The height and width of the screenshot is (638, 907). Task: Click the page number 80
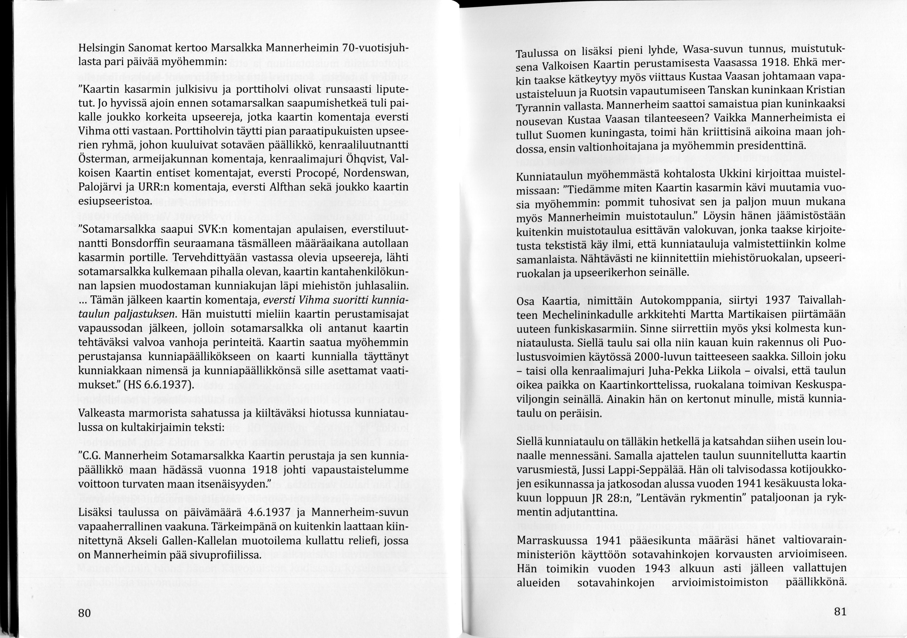pos(84,613)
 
